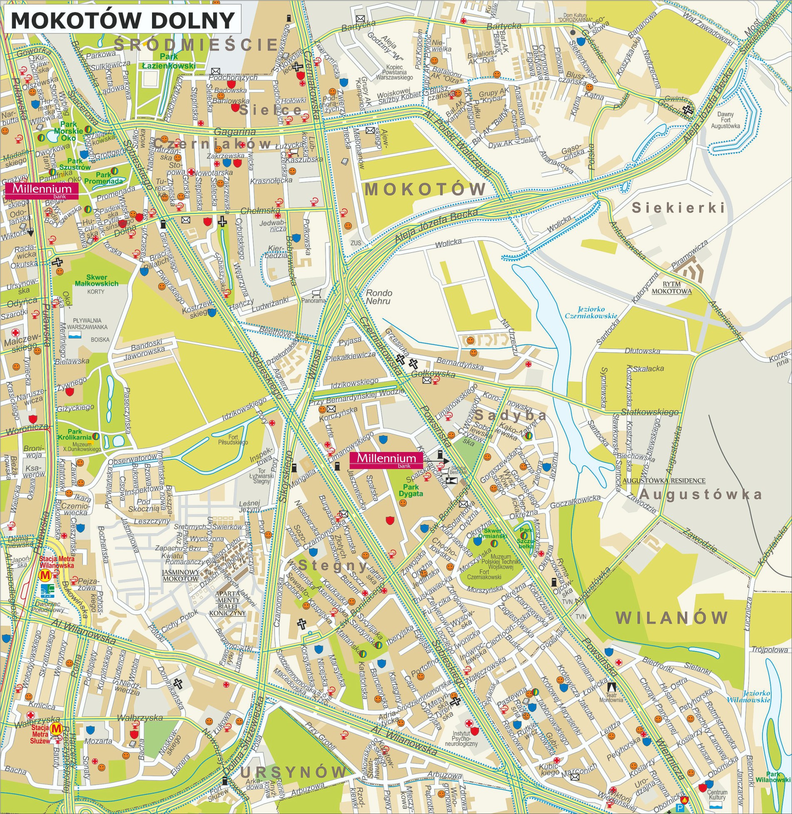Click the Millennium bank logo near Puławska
(41, 190)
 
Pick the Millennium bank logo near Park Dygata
(386, 459)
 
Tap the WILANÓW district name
(672, 617)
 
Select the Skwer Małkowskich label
(102, 280)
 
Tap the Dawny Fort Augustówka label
(725, 120)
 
